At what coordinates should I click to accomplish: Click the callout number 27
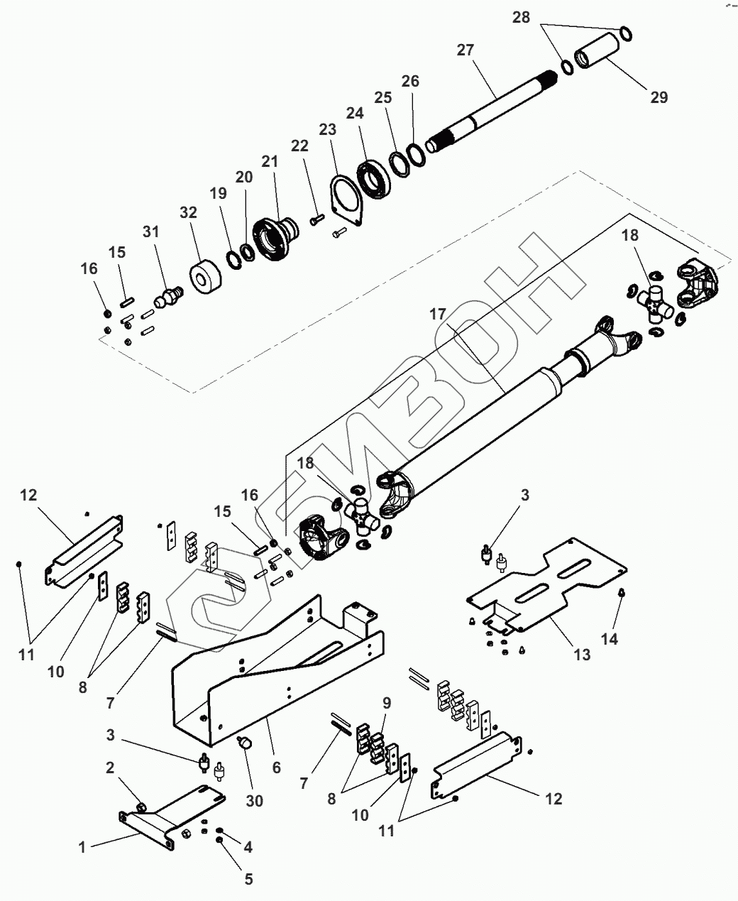(465, 50)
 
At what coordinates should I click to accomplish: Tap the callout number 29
(659, 97)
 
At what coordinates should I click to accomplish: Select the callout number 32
(188, 212)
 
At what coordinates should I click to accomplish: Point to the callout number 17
(437, 314)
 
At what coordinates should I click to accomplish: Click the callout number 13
(582, 655)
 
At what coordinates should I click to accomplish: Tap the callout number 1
(82, 847)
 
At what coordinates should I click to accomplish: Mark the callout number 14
(609, 640)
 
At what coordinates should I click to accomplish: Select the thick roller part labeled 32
(205, 276)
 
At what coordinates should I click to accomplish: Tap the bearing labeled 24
(373, 179)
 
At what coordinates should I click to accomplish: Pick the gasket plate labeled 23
(346, 200)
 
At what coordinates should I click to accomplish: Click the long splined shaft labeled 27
(491, 112)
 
